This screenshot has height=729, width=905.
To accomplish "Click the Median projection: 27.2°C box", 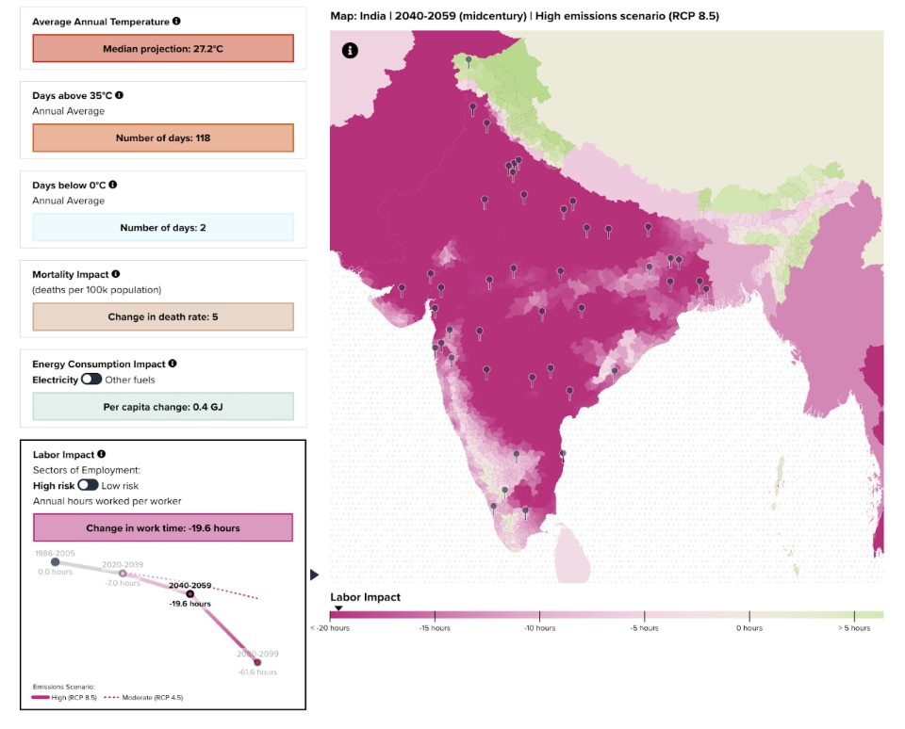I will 163,48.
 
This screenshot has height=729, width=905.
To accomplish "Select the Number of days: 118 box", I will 163,138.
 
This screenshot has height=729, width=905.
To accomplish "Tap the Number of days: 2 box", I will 163,227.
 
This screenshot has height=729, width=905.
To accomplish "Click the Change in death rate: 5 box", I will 163,316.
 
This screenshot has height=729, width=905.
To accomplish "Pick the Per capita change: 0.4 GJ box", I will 163,406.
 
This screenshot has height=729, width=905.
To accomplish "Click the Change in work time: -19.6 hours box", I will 163,527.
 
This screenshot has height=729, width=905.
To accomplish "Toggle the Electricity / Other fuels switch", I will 91,379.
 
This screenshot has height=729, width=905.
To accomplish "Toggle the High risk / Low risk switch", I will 88,484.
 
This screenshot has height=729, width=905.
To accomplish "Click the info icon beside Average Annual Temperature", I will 176,21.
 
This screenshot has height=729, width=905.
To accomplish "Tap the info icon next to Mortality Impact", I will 116,274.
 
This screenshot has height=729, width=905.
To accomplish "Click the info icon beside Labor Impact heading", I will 101,454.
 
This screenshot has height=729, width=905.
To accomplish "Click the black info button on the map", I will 350,51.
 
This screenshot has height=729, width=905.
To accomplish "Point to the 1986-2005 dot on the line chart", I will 56,562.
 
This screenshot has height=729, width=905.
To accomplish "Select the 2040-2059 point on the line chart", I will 189,594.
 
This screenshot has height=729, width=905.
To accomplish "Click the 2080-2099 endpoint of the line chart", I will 257,662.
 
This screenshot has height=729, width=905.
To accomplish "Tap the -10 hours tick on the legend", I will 539,626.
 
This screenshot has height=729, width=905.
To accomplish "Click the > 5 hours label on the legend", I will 853,627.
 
